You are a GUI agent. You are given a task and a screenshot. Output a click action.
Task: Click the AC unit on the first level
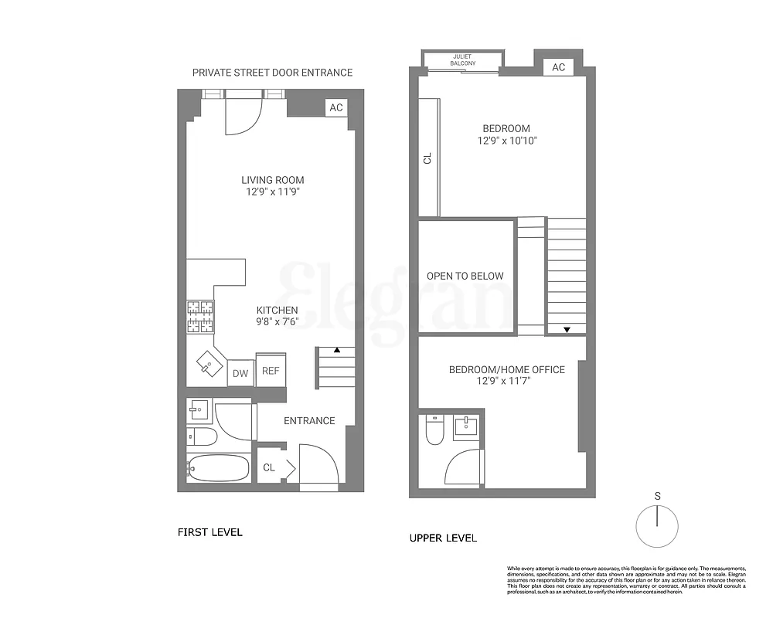pos(336,107)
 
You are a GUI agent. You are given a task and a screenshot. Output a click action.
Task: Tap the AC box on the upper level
pos(558,67)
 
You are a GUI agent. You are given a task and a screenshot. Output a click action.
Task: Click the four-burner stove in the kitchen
pos(200,317)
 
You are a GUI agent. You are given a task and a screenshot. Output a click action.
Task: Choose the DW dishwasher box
pos(240,374)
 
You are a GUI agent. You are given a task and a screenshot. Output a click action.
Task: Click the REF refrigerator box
pos(271,370)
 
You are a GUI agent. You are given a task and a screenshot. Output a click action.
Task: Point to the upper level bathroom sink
pos(466,425)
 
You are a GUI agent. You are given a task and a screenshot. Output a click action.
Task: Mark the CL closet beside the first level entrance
pos(270,467)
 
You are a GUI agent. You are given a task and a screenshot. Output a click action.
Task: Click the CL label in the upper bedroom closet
pos(427,158)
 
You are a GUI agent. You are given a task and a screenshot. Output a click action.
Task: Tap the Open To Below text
pos(465,276)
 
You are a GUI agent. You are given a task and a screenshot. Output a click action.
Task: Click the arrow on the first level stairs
pos(336,351)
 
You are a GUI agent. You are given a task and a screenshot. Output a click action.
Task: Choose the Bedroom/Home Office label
pos(507,369)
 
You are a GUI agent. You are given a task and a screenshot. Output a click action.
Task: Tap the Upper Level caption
pos(443,538)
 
